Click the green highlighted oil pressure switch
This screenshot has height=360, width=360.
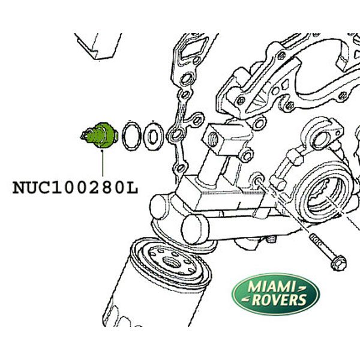[x=100, y=136]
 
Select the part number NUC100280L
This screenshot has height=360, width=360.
[x=76, y=188]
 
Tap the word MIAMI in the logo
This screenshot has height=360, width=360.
[x=271, y=287]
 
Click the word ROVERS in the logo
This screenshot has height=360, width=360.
[x=280, y=299]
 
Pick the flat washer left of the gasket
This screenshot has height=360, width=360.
[x=153, y=137]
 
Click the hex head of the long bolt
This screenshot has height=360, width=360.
[x=338, y=263]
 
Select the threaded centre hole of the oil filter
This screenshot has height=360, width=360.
[x=172, y=262]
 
